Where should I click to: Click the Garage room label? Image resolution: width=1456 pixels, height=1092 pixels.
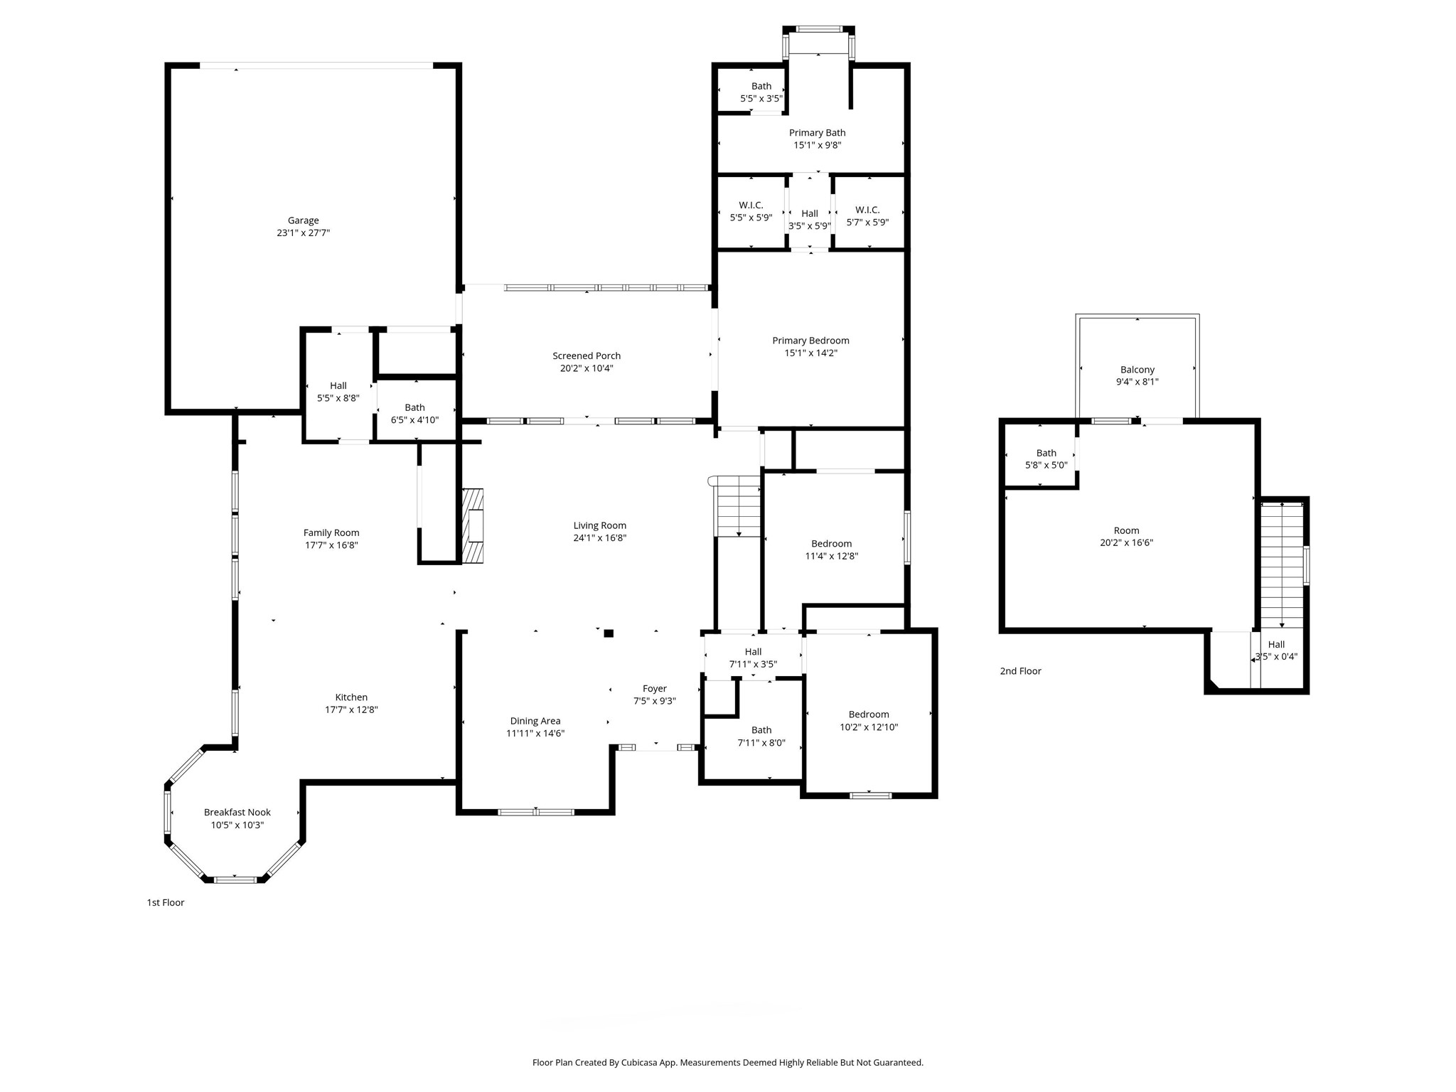point(303,220)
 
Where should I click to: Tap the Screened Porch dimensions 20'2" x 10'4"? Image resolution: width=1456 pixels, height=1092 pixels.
point(587,368)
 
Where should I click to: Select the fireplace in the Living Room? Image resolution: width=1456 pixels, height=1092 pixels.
point(473,526)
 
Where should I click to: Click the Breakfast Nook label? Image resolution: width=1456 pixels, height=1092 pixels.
point(237,812)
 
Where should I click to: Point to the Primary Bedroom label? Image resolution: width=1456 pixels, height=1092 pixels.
point(810,341)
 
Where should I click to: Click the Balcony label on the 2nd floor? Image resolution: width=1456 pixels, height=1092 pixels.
point(1137,370)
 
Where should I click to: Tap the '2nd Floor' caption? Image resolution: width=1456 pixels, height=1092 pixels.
point(1020,671)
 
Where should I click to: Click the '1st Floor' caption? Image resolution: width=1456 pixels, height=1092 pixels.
point(166,903)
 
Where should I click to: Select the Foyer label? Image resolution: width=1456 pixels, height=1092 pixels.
point(655,688)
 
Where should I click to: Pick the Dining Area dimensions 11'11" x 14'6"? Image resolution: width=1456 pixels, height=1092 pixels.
point(535,734)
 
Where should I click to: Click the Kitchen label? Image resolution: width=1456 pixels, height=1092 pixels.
point(351,697)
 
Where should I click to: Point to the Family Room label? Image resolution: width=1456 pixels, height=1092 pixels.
point(331,532)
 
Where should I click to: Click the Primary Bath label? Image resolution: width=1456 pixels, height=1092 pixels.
point(817,133)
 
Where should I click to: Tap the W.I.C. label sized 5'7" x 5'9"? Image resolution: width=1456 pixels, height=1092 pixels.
point(867,210)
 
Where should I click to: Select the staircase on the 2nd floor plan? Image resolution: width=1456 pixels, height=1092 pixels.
point(1282,565)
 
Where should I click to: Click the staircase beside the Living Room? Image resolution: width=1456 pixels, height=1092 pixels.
point(738,506)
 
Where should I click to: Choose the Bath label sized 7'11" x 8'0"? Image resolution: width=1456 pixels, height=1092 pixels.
point(761,730)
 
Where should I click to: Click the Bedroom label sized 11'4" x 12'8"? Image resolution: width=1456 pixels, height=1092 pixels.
point(831,544)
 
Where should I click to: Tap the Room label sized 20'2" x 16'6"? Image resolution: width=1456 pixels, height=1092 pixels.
point(1126,530)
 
